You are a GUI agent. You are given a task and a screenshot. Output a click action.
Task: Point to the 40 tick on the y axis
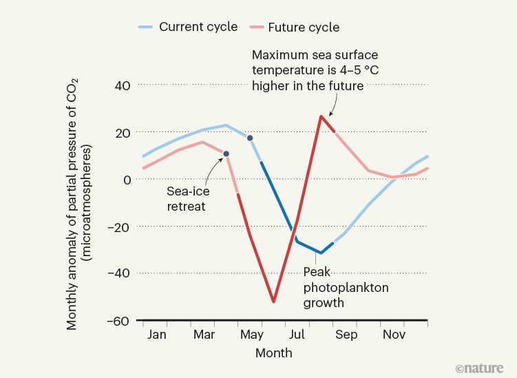pyautogui.click(x=122, y=85)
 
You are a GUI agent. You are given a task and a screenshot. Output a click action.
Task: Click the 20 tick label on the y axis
pyautogui.click(x=122, y=132)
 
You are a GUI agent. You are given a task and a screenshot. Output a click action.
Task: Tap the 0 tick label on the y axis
pyautogui.click(x=127, y=179)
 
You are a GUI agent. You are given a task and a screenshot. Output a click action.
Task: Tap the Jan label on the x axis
pyautogui.click(x=157, y=335)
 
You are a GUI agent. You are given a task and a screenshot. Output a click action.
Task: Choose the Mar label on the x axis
pyautogui.click(x=204, y=335)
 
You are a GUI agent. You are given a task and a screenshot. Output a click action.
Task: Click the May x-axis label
pyautogui.click(x=251, y=335)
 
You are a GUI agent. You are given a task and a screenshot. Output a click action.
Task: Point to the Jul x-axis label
pyautogui.click(x=298, y=335)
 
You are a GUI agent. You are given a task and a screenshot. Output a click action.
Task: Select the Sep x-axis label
pyautogui.click(x=346, y=335)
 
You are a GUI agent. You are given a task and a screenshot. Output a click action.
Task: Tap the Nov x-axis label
pyautogui.click(x=394, y=335)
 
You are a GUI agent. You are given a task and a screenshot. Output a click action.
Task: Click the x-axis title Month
pyautogui.click(x=273, y=353)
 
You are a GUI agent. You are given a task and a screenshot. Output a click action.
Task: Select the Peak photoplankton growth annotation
pyautogui.click(x=346, y=287)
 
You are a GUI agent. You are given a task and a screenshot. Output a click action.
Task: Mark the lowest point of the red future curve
pyautogui.click(x=273, y=302)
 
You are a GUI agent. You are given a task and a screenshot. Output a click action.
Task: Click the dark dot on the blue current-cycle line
pyautogui.click(x=250, y=138)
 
